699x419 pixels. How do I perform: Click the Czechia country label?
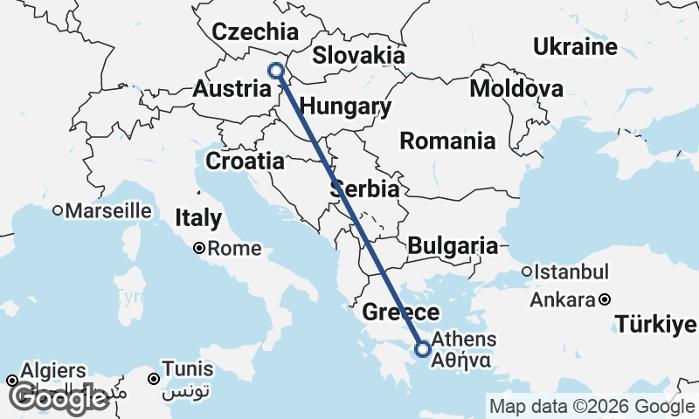[256, 32]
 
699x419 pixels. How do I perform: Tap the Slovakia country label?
[359, 56]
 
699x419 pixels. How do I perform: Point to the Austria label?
[232, 89]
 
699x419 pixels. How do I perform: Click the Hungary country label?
[345, 107]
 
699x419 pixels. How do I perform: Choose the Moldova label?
[516, 88]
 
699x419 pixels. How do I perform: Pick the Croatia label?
[246, 161]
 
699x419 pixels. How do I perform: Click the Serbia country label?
[365, 189]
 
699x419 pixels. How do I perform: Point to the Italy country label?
[199, 217]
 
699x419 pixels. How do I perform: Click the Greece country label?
[400, 313]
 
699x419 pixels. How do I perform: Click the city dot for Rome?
[200, 249]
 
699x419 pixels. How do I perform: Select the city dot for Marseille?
[58, 210]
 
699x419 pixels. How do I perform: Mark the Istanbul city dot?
[527, 271]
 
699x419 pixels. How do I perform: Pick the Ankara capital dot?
[605, 300]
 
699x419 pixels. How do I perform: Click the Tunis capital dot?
[154, 379]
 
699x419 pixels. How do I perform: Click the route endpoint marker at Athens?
[423, 349]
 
